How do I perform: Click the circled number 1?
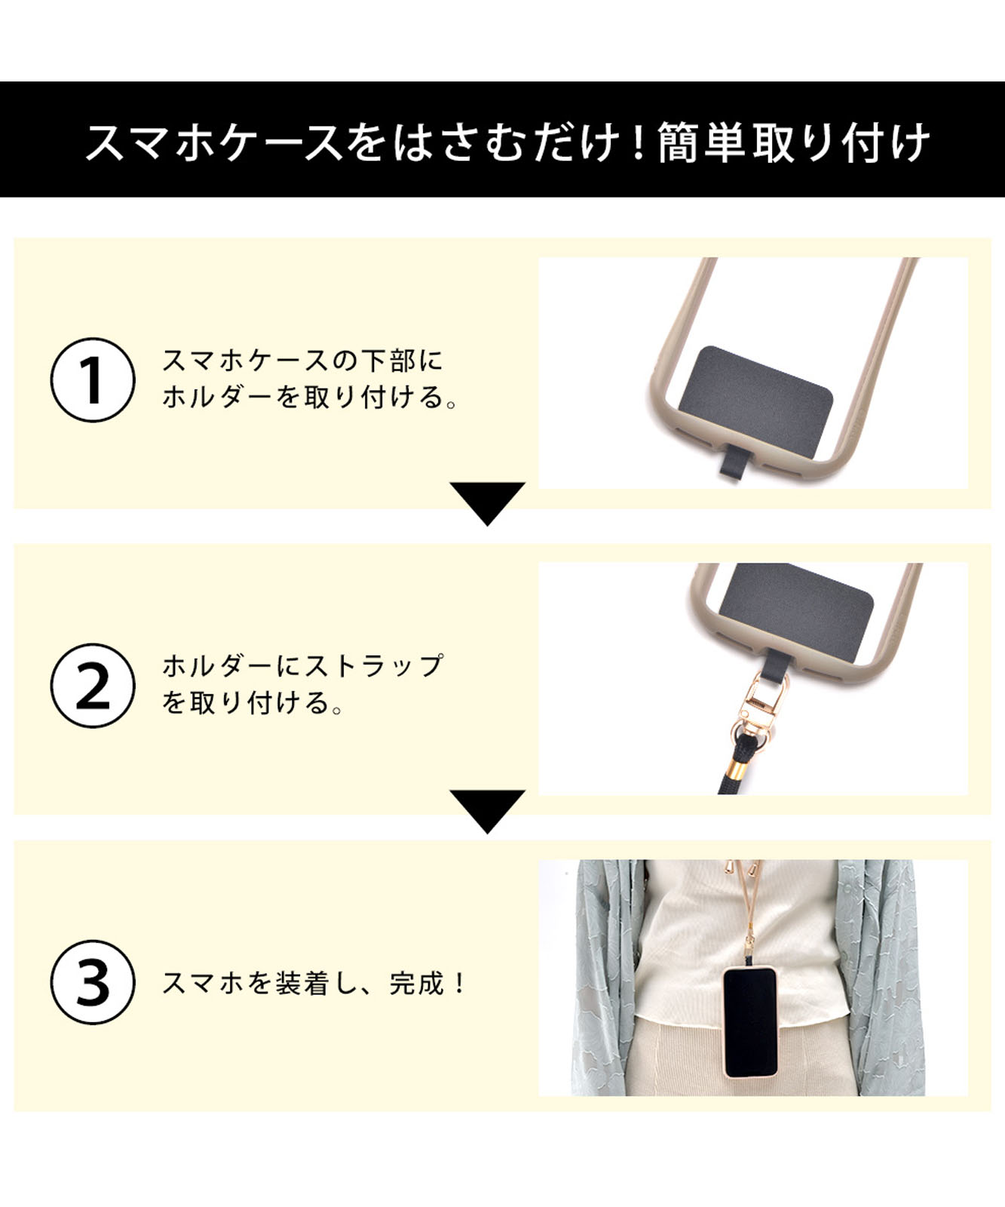coord(93,379)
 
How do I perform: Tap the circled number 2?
coord(93,686)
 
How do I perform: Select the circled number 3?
coord(93,982)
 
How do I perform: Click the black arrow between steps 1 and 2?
coord(487,501)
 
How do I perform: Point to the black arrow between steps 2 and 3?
coord(487,809)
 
